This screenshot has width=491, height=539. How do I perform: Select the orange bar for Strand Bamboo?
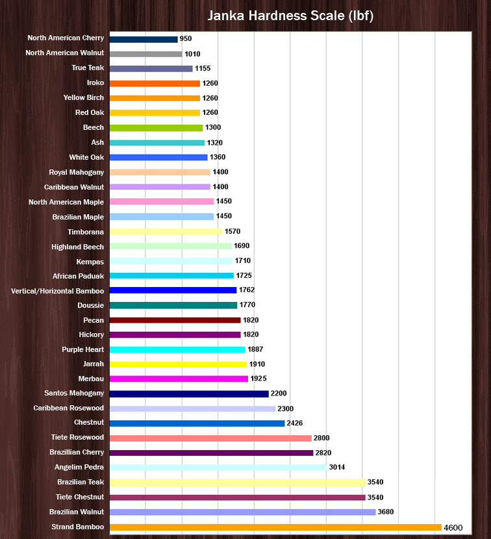[275, 527]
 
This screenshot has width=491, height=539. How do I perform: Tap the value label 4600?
[453, 527]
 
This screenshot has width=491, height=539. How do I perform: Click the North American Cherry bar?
[144, 39]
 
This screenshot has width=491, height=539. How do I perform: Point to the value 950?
[186, 39]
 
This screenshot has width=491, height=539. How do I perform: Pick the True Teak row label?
[88, 68]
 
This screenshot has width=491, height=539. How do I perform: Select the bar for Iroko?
[155, 83]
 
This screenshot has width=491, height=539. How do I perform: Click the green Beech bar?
[156, 127]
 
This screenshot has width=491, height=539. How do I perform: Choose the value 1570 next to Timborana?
[233, 231]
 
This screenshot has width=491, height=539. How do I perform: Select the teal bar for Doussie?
[173, 305]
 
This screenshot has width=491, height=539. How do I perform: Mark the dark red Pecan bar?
[175, 320]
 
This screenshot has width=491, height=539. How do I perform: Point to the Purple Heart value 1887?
[255, 349]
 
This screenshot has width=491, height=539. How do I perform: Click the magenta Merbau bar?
[179, 379]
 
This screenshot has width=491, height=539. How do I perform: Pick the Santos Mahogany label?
[74, 394]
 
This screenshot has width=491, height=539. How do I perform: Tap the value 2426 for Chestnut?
[296, 423]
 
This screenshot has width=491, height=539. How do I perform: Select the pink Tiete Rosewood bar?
[210, 438]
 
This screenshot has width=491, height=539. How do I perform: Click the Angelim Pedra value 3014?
[338, 467]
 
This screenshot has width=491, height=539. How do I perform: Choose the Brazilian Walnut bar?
[242, 512]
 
